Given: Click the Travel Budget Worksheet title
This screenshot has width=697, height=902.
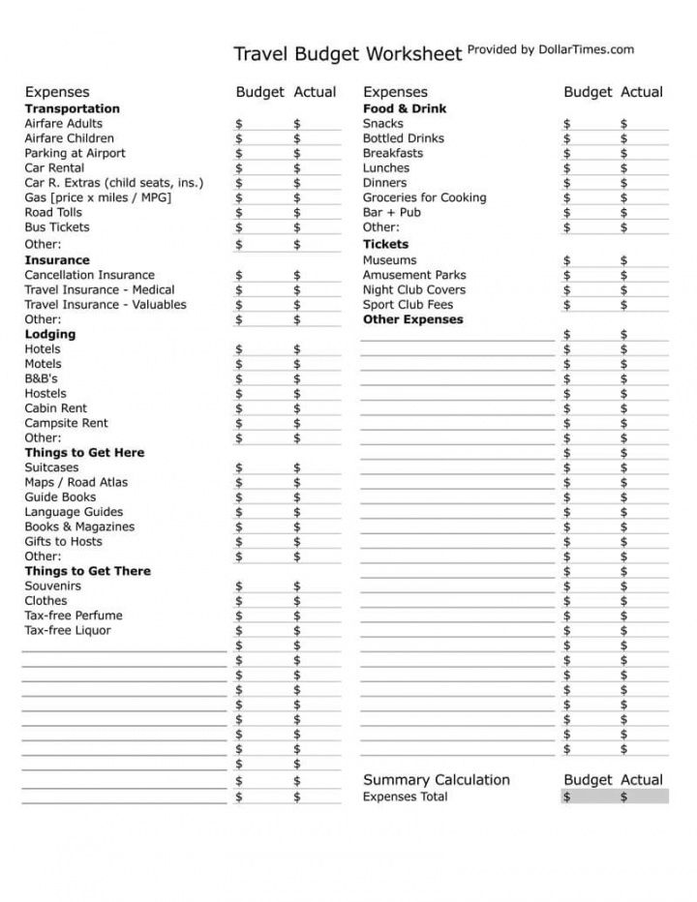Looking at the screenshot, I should pos(348,53).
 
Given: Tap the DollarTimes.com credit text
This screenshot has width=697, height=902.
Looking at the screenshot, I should pos(551,49).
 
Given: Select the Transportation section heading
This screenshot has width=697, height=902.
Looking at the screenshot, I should pos(72,108).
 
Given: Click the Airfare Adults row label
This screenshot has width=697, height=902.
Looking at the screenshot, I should pos(63,124).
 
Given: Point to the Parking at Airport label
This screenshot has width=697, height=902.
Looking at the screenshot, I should pos(75,153).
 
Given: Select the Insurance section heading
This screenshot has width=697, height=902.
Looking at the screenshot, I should pos(56,260).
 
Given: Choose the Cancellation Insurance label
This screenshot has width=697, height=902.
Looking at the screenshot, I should pos(89,275).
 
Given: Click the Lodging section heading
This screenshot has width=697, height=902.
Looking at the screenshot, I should pos(49,334).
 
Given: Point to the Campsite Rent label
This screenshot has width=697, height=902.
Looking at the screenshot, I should pos(66,423).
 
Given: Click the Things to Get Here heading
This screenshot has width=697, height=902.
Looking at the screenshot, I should pos(84,453).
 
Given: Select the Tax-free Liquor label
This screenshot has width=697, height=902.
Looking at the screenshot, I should pos(68,630).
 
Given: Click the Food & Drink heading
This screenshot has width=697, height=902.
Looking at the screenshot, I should pos(405,108).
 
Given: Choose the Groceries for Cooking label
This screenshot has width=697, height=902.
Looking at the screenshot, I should pos(424,197).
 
